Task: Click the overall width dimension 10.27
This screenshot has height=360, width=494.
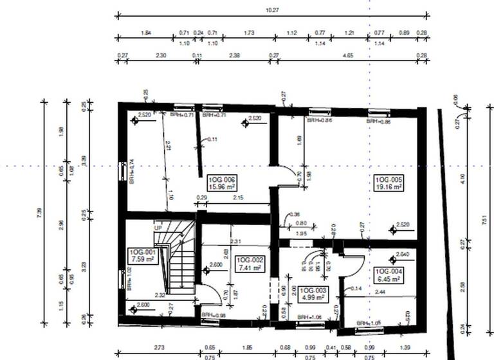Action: (x=271, y=10)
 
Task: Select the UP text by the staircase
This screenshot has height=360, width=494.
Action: (x=158, y=228)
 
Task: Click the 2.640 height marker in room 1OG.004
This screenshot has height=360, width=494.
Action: (x=403, y=254)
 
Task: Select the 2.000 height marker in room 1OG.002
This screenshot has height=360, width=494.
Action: (x=215, y=264)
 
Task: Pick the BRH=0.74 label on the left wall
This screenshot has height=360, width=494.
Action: (x=131, y=172)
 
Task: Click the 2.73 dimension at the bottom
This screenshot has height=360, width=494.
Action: (x=160, y=348)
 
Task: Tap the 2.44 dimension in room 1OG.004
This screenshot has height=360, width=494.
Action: (x=380, y=292)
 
